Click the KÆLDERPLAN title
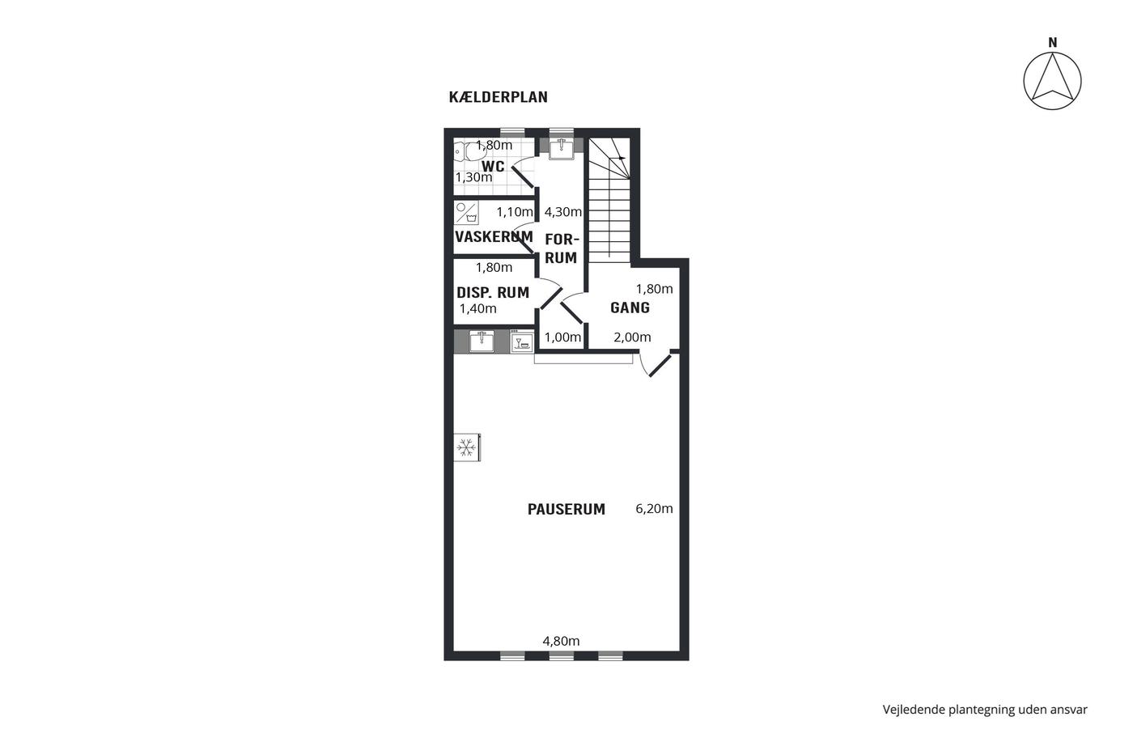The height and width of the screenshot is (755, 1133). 499,96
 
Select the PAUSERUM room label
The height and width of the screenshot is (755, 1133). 566,509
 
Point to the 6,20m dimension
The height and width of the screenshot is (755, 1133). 654,509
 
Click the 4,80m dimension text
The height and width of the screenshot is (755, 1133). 561,641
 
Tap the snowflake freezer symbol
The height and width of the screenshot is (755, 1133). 466,447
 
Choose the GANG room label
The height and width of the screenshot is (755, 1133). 630,308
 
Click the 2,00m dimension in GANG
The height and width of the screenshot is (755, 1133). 632,337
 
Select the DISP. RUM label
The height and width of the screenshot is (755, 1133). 493,292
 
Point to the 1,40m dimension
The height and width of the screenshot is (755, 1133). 478,308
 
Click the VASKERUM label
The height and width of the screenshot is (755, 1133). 494,236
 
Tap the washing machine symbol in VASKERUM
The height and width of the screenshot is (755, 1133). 466,213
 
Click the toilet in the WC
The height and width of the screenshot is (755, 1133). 465,151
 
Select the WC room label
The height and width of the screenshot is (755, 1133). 493,167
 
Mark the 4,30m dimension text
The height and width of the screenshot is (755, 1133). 563,212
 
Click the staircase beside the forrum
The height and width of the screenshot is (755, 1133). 609,200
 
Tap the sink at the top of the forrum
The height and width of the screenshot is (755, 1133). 562,149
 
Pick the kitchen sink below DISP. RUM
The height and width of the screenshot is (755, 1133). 482,341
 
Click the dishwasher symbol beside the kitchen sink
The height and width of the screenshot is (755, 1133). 521,341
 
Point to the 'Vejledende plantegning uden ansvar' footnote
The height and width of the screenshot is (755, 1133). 985,710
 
